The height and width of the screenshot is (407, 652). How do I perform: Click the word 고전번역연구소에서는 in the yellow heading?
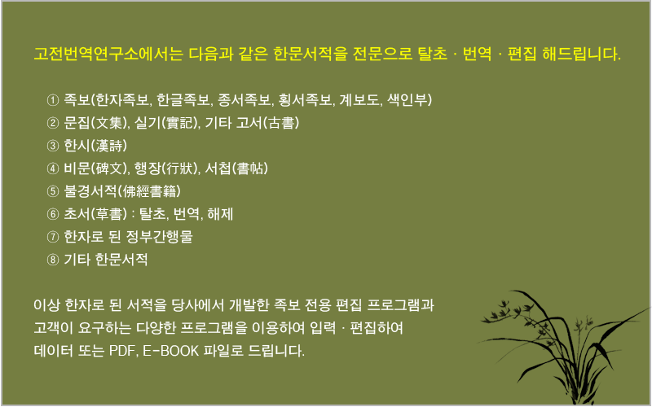pos(108,54)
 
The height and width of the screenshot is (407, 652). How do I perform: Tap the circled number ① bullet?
pos(53,100)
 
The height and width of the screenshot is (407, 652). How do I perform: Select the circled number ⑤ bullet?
pos(53,191)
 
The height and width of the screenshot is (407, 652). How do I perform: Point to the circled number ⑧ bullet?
pos(53,260)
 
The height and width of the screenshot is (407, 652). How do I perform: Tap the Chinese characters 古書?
pos(281,123)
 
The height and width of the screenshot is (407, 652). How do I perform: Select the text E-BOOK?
pos(171,351)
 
